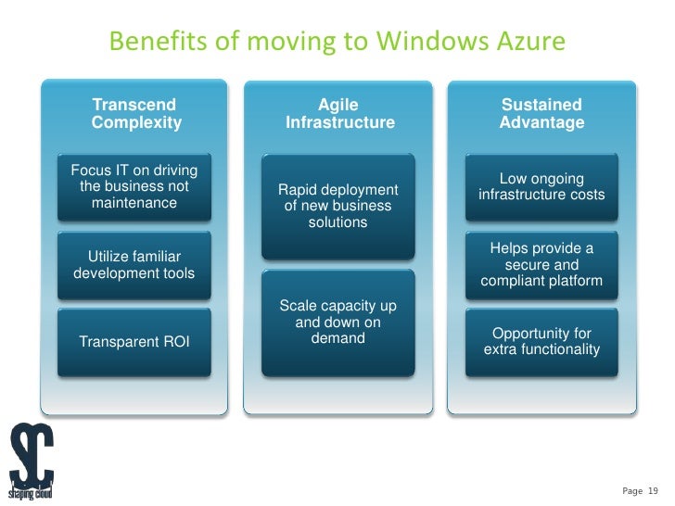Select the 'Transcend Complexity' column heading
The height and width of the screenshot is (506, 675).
pyautogui.click(x=136, y=114)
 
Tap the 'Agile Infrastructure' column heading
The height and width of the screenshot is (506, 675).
pyautogui.click(x=338, y=114)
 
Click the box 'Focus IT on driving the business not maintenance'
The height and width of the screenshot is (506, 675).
pyautogui.click(x=134, y=186)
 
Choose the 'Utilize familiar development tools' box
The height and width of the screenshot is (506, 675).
pyautogui.click(x=134, y=264)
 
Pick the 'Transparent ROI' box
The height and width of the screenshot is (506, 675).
pyautogui.click(x=134, y=342)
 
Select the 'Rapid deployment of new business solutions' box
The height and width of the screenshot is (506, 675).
pyautogui.click(x=338, y=206)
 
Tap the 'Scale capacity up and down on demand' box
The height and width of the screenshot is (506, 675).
pyautogui.click(x=338, y=323)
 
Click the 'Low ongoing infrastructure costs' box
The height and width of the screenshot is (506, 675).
pyautogui.click(x=541, y=186)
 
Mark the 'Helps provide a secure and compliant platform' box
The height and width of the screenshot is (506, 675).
pyautogui.click(x=541, y=264)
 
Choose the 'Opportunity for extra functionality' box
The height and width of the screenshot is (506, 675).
pyautogui.click(x=541, y=342)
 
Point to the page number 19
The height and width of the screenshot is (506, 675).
pyautogui.click(x=652, y=490)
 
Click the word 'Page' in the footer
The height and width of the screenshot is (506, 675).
pyautogui.click(x=632, y=490)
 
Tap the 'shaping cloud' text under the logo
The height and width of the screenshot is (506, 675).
pyautogui.click(x=31, y=494)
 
